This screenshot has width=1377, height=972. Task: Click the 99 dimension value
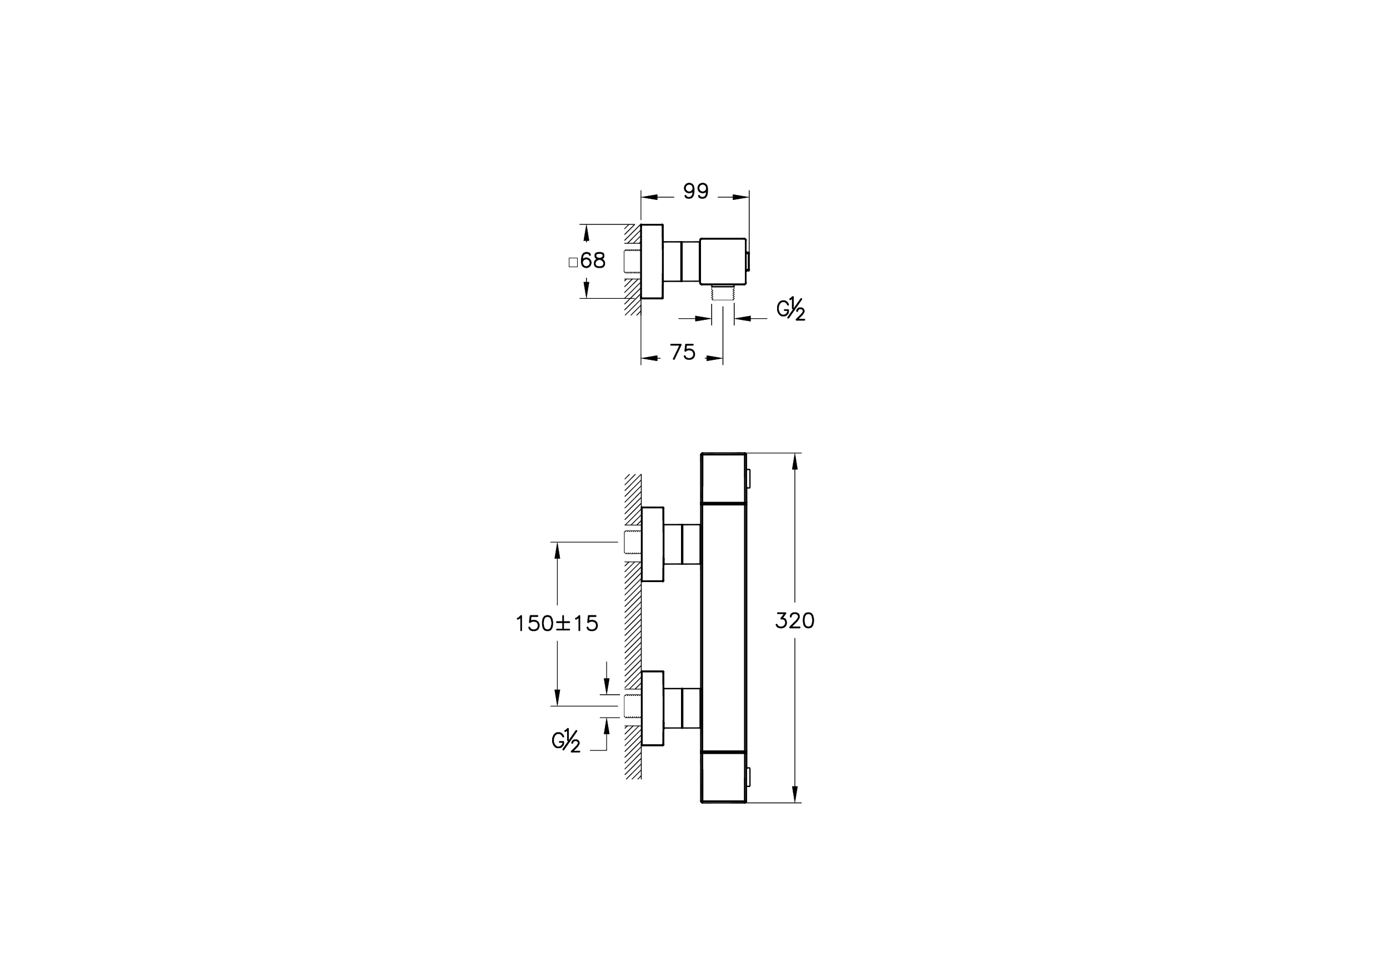pyautogui.click(x=695, y=191)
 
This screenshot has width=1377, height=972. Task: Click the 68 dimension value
pyautogui.click(x=593, y=261)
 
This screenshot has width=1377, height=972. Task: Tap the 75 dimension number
pyautogui.click(x=683, y=353)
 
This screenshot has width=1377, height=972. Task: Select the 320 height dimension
pyautogui.click(x=795, y=620)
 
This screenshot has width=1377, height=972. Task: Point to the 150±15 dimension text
pyautogui.click(x=557, y=624)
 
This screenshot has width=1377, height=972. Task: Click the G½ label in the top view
pyautogui.click(x=790, y=309)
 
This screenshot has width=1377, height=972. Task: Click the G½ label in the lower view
pyautogui.click(x=565, y=741)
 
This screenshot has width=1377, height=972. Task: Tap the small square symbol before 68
pyautogui.click(x=573, y=262)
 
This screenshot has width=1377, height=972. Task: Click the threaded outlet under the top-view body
pyautogui.click(x=723, y=293)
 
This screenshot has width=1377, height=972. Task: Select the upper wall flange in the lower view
pyautogui.click(x=653, y=544)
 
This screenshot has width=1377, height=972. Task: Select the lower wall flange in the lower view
pyautogui.click(x=653, y=708)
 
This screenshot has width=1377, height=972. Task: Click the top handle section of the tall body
pyautogui.click(x=723, y=477)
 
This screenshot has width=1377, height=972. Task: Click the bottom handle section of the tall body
pyautogui.click(x=723, y=776)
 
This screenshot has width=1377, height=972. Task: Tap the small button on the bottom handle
pyautogui.click(x=748, y=777)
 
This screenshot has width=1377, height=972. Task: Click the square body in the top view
pyautogui.click(x=723, y=262)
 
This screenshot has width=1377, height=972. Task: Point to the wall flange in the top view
pyautogui.click(x=652, y=262)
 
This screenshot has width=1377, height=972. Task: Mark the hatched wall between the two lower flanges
pyautogui.click(x=633, y=627)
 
